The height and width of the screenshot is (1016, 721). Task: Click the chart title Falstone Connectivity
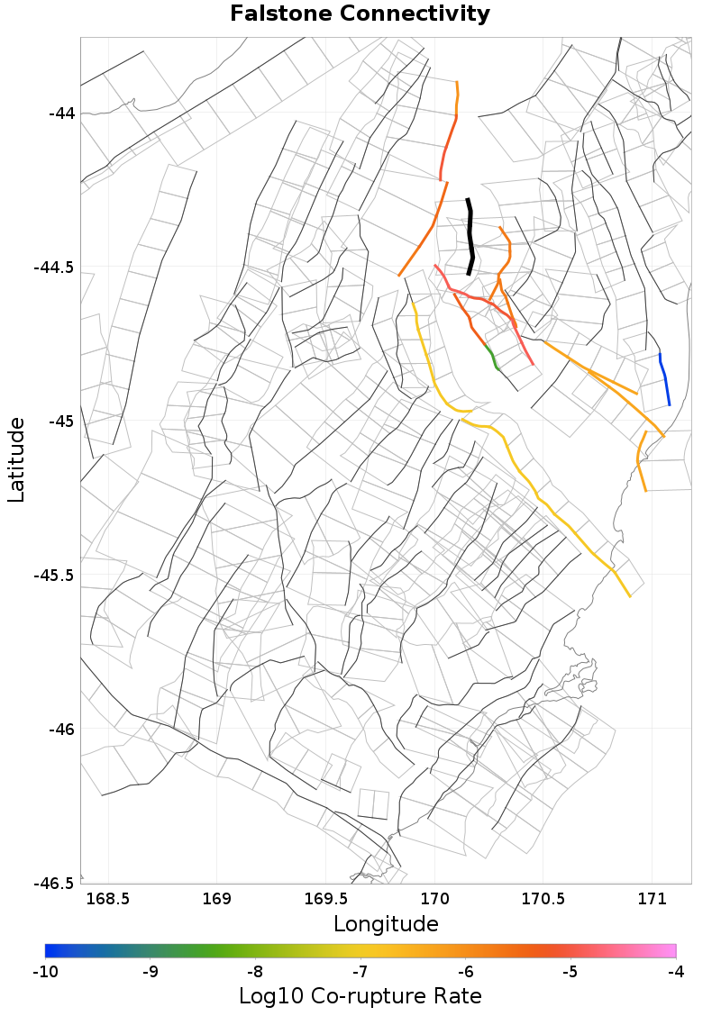click(360, 14)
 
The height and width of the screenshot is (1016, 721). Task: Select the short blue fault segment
click(664, 378)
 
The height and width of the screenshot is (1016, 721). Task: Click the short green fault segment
click(492, 357)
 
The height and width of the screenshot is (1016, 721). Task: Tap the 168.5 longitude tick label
click(108, 898)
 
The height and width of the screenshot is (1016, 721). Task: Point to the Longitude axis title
click(386, 924)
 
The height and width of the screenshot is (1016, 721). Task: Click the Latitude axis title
click(16, 459)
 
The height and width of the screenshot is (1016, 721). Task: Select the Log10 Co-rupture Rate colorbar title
click(360, 996)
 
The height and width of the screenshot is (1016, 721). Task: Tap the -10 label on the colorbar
click(45, 972)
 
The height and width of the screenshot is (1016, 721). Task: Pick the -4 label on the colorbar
click(675, 972)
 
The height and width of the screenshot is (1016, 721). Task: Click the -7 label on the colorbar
click(360, 972)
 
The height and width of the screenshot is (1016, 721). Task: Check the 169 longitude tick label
click(217, 898)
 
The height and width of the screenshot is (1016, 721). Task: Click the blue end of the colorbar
click(50, 950)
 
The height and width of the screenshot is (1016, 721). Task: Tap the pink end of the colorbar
click(671, 950)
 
